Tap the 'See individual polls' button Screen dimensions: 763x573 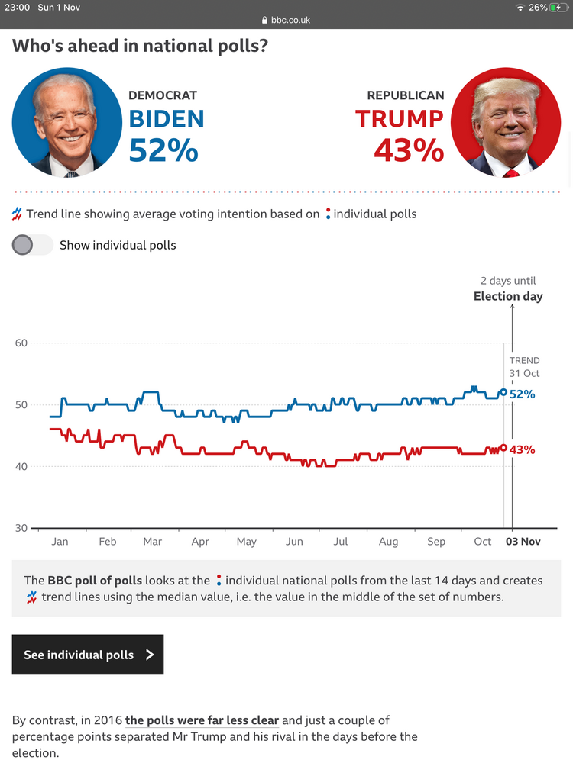pyautogui.click(x=88, y=655)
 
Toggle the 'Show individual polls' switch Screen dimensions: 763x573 pyautogui.click(x=33, y=245)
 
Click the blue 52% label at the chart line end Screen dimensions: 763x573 pyautogui.click(x=523, y=394)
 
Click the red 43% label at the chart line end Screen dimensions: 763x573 pyautogui.click(x=523, y=450)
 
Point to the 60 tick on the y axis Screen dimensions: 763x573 pyautogui.click(x=21, y=343)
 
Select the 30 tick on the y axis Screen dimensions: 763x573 pyautogui.click(x=21, y=528)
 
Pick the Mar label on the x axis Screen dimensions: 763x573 pyautogui.click(x=152, y=542)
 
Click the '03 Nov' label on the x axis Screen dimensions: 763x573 pyautogui.click(x=523, y=542)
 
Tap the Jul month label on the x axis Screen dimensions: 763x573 pyautogui.click(x=341, y=542)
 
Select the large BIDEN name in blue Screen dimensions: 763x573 pyautogui.click(x=167, y=119)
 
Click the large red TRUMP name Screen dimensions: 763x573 pyautogui.click(x=400, y=119)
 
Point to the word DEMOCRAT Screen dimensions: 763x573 pyautogui.click(x=163, y=95)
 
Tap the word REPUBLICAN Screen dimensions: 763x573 pyautogui.click(x=406, y=95)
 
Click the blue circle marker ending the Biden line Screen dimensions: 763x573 pyautogui.click(x=503, y=392)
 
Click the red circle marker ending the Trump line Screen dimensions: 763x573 pyautogui.click(x=503, y=448)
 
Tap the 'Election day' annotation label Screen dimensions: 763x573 pyautogui.click(x=508, y=296)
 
